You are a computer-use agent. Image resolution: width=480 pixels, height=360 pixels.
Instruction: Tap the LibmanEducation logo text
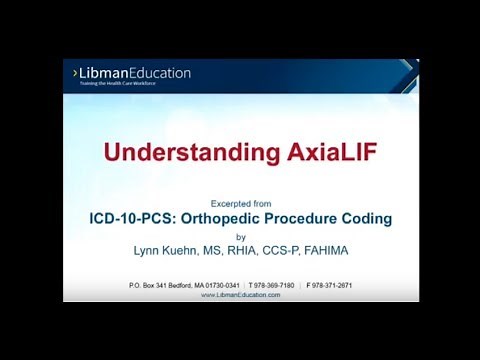click(x=136, y=73)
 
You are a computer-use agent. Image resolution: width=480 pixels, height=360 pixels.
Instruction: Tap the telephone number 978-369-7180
click(x=271, y=285)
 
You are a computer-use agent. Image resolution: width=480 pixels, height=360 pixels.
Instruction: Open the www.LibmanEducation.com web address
click(x=241, y=295)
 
